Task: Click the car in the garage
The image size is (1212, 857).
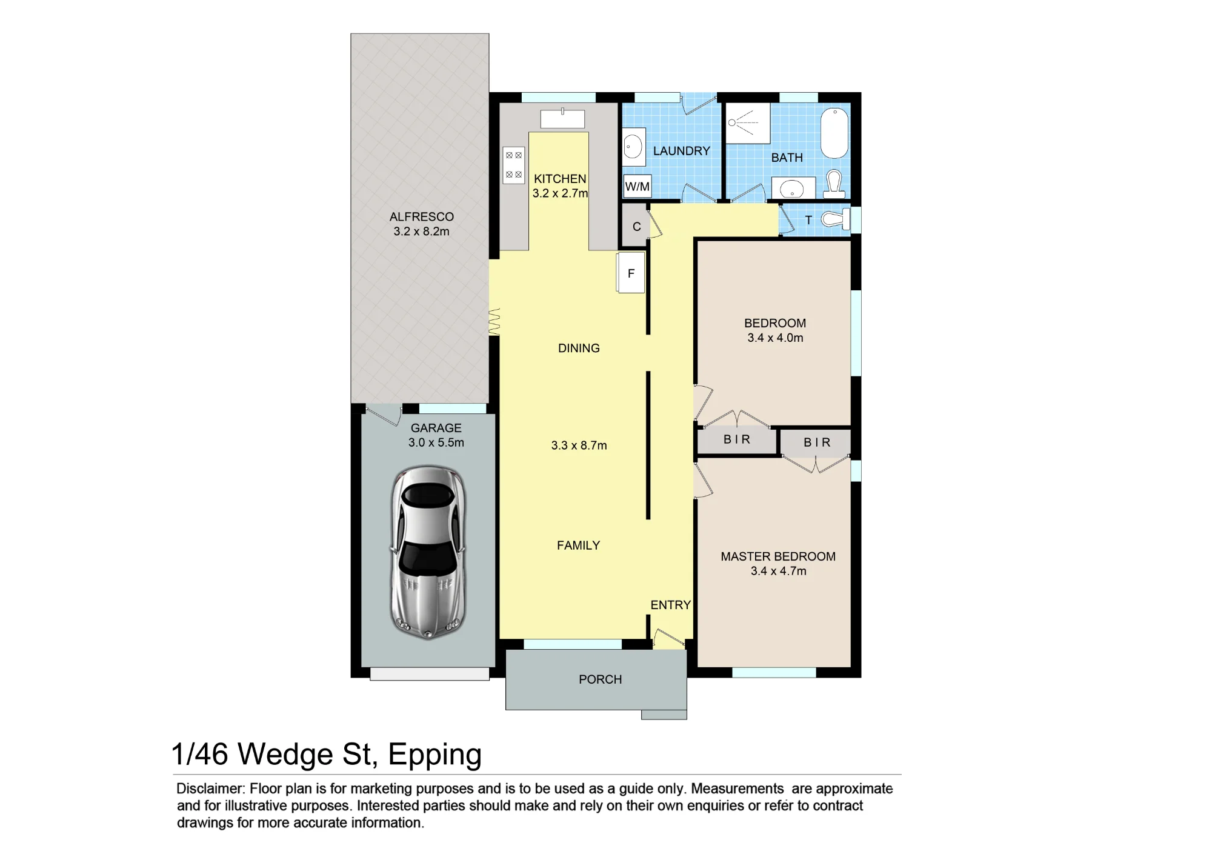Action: (x=428, y=552)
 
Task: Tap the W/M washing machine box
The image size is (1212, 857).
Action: (x=638, y=186)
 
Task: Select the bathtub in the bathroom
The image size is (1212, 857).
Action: (x=834, y=133)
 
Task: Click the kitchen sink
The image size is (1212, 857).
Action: (x=562, y=118)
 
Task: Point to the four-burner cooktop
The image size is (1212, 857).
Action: (x=514, y=165)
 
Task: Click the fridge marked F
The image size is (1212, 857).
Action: (x=631, y=273)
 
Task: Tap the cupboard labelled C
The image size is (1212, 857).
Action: (x=636, y=226)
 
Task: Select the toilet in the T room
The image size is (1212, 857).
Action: (x=836, y=219)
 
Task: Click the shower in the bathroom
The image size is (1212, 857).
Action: (x=748, y=123)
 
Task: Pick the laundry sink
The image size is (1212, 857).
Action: (x=633, y=147)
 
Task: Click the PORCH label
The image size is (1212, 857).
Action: (x=600, y=679)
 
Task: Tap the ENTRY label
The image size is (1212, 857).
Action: (x=670, y=605)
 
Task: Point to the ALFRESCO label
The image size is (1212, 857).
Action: (x=421, y=217)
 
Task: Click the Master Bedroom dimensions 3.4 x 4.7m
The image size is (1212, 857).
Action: (x=778, y=571)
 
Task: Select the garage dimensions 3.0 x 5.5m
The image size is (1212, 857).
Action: (x=436, y=442)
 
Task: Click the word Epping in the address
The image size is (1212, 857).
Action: (x=435, y=755)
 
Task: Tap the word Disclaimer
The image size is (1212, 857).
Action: (x=210, y=789)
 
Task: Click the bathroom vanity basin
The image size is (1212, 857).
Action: (x=793, y=188)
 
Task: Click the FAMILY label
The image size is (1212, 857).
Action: (x=578, y=545)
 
